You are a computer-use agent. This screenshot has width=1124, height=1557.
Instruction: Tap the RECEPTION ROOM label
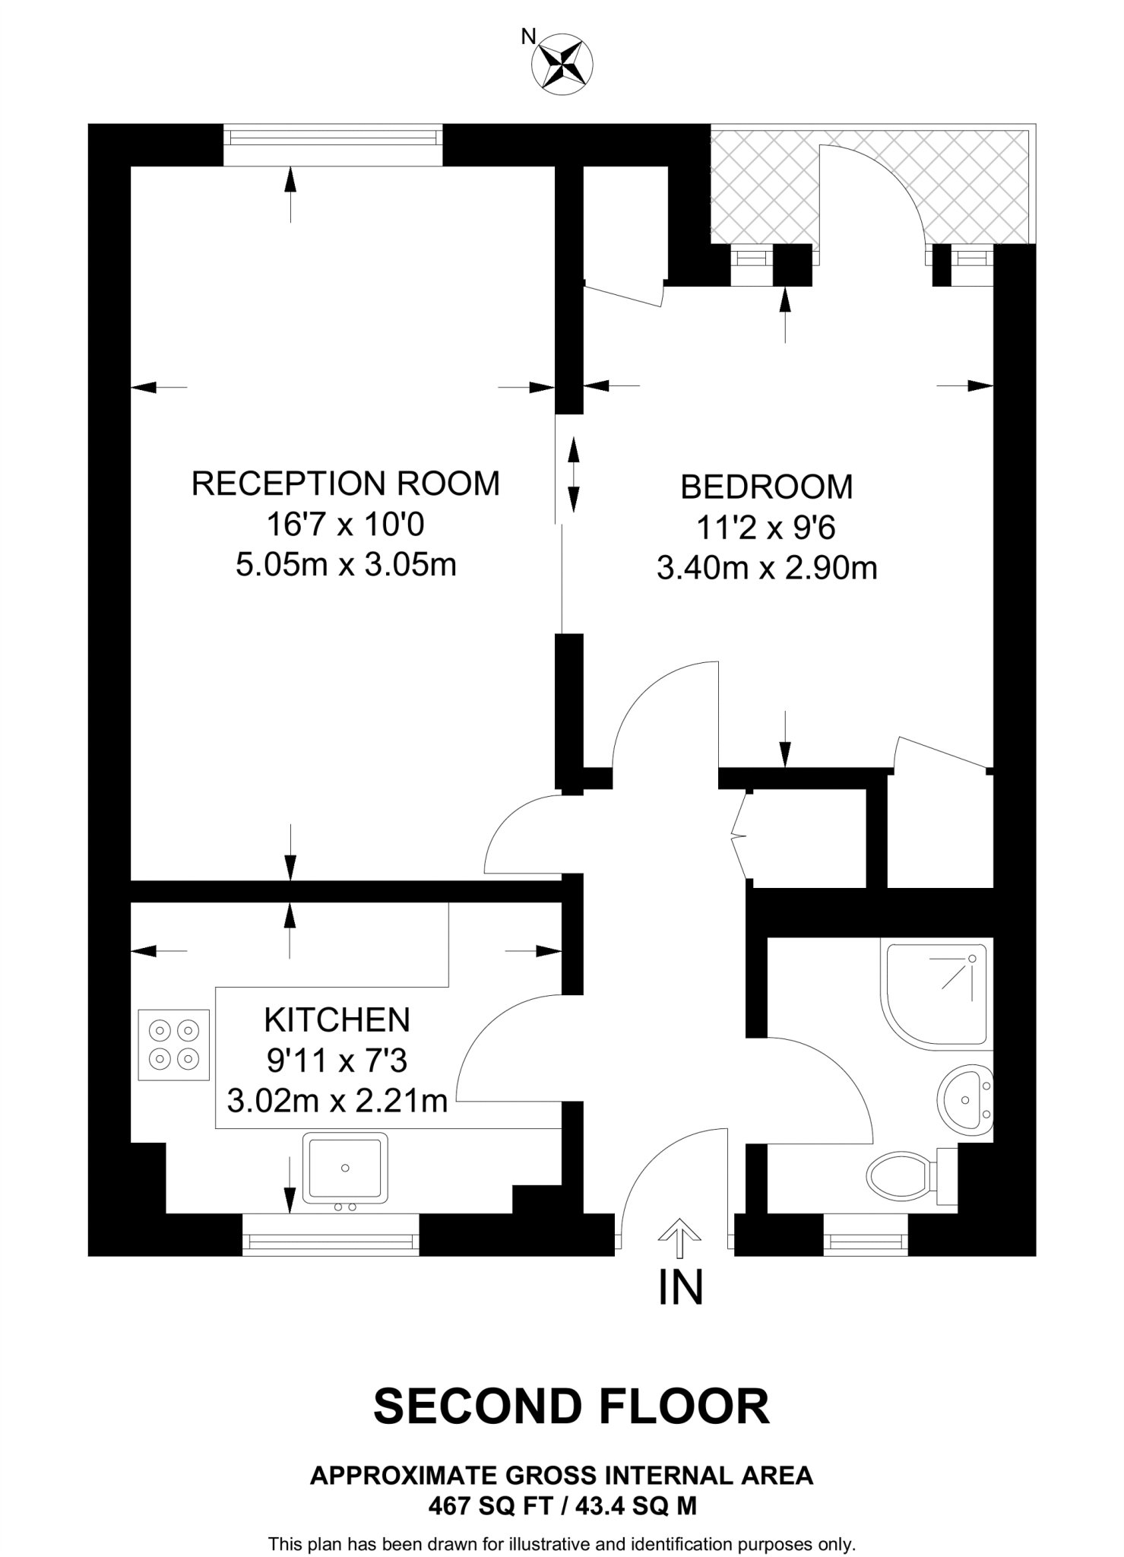(x=346, y=484)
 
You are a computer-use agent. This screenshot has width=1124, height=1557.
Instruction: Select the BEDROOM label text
(x=766, y=487)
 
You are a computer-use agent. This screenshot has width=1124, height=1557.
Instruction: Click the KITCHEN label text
(x=337, y=1020)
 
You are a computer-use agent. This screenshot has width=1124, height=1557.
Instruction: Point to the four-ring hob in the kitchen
(x=174, y=1045)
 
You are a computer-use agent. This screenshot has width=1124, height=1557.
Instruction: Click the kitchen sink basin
(x=345, y=1168)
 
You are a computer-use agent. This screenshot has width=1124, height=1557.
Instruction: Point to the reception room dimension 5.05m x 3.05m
(x=346, y=565)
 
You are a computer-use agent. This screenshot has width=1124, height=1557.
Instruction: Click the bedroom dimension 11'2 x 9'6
(x=766, y=527)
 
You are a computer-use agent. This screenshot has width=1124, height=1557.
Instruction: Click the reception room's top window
(x=333, y=137)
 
